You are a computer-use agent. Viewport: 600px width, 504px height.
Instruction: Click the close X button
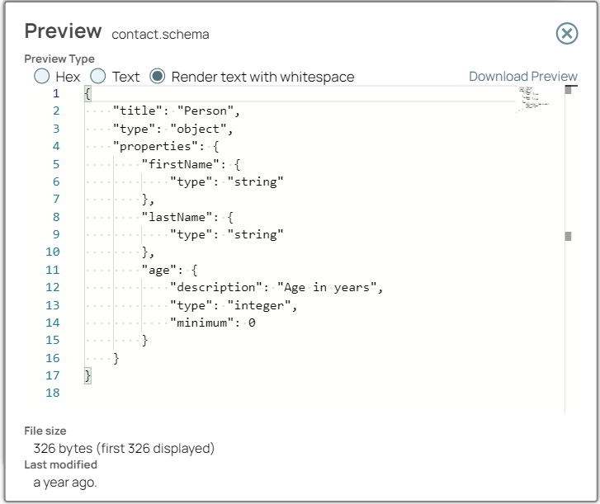tap(567, 33)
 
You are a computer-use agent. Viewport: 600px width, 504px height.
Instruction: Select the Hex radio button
tap(42, 77)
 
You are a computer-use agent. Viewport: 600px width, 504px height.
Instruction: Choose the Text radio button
tap(98, 77)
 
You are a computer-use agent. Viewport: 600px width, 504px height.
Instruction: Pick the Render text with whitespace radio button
tap(158, 77)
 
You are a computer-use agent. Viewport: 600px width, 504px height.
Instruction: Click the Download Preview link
tap(523, 77)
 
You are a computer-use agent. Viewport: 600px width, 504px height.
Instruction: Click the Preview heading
tap(64, 31)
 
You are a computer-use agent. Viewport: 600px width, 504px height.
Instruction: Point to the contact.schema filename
tap(160, 34)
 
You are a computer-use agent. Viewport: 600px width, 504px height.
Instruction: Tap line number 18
tap(53, 393)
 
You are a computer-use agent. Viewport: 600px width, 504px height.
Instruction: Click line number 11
tap(53, 270)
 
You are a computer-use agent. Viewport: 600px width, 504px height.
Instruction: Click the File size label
tap(45, 431)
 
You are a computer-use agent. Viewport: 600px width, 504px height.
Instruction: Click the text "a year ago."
tap(65, 483)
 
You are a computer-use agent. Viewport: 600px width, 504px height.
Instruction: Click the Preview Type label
tap(59, 59)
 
